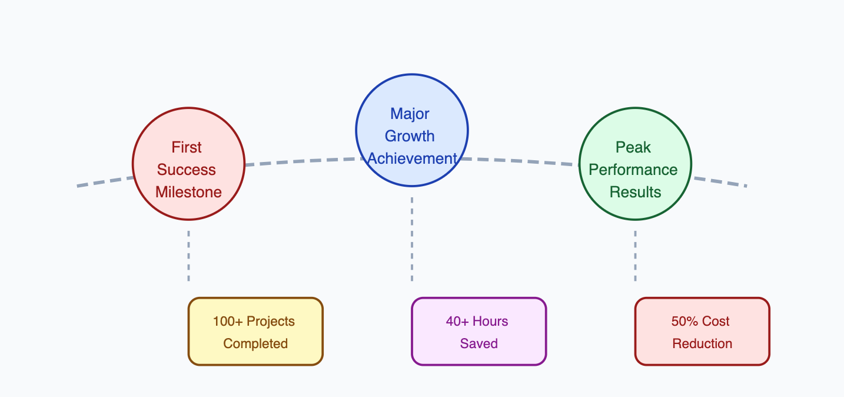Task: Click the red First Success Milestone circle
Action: tap(189, 164)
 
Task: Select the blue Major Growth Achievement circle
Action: tap(412, 130)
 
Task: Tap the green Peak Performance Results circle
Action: tap(635, 164)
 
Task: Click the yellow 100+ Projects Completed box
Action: tap(255, 332)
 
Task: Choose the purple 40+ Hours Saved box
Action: tap(479, 332)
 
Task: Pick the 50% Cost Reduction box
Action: tap(702, 332)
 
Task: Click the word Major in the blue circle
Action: tap(410, 114)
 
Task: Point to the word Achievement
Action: tap(412, 158)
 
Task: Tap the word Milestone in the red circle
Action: tap(188, 192)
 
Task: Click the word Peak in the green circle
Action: tap(633, 147)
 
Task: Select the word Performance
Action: tap(633, 170)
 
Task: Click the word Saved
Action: tap(479, 343)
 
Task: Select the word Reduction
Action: tap(702, 343)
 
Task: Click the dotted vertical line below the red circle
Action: tap(189, 256)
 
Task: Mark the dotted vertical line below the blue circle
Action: tap(412, 239)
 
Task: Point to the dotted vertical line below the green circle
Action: tap(635, 256)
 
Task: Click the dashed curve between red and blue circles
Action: tap(301, 161)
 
